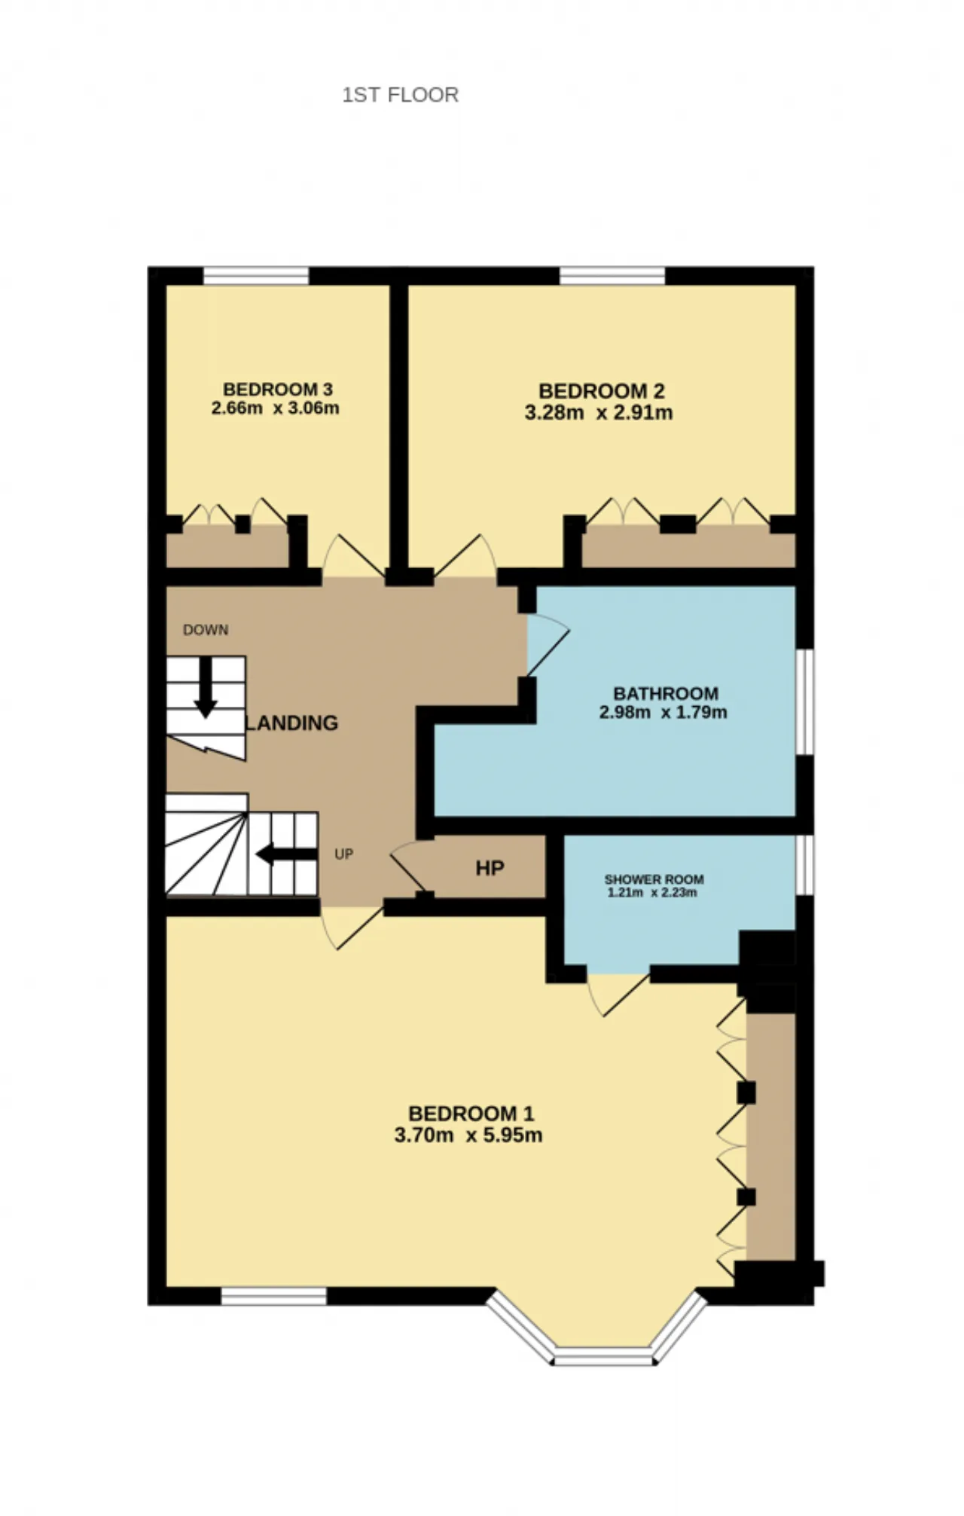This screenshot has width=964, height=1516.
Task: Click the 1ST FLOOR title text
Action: tap(400, 95)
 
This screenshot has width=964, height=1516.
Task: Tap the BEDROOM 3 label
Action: tap(277, 390)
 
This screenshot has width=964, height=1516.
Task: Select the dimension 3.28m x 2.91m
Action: tap(599, 413)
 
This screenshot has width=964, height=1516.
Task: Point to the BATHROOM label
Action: tap(666, 693)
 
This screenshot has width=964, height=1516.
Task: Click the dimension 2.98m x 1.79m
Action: tap(664, 713)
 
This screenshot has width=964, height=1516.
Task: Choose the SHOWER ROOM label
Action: tap(654, 879)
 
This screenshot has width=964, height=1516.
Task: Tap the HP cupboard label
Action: tap(490, 869)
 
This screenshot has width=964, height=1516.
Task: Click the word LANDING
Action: tap(292, 723)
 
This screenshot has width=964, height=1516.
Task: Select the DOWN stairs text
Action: tap(206, 630)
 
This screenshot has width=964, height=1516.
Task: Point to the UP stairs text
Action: tap(344, 854)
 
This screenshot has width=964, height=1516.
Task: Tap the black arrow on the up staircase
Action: tap(286, 854)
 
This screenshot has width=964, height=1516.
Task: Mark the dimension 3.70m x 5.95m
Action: tap(468, 1135)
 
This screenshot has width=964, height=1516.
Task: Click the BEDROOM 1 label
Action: tap(471, 1114)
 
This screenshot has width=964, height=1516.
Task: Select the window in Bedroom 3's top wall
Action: tap(256, 276)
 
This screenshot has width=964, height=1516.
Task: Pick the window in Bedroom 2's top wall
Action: tap(612, 276)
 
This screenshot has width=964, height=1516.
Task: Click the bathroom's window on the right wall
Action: tap(805, 702)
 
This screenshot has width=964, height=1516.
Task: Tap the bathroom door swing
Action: tap(548, 645)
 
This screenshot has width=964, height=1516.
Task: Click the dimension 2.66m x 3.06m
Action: tap(276, 409)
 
